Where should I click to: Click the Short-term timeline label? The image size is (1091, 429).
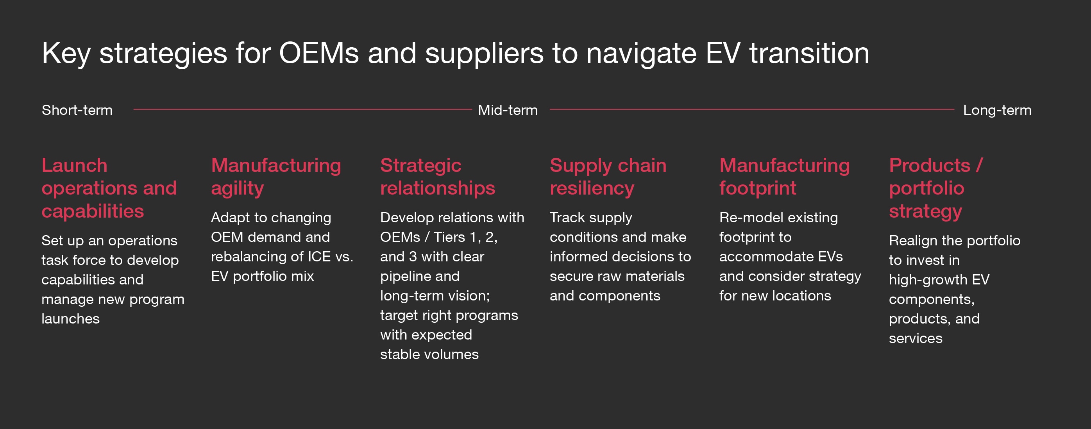(x=77, y=110)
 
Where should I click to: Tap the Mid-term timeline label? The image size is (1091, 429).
(x=507, y=110)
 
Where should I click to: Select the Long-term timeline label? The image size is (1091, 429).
(x=997, y=110)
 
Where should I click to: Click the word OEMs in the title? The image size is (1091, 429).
(x=318, y=54)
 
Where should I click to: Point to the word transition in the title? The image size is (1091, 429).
(x=809, y=54)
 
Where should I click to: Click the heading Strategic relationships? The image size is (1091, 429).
(x=437, y=177)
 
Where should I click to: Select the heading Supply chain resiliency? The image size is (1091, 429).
(x=608, y=177)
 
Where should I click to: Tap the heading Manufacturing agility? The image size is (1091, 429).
(x=276, y=177)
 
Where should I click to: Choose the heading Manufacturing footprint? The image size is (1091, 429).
(x=784, y=177)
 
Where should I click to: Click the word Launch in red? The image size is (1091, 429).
(x=75, y=165)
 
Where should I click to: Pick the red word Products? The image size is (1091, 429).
(x=929, y=165)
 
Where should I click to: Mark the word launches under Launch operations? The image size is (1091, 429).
(x=70, y=319)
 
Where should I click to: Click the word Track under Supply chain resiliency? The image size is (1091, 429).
(x=567, y=218)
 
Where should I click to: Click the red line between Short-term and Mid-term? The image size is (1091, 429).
(x=302, y=109)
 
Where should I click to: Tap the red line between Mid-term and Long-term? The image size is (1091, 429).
(x=751, y=109)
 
